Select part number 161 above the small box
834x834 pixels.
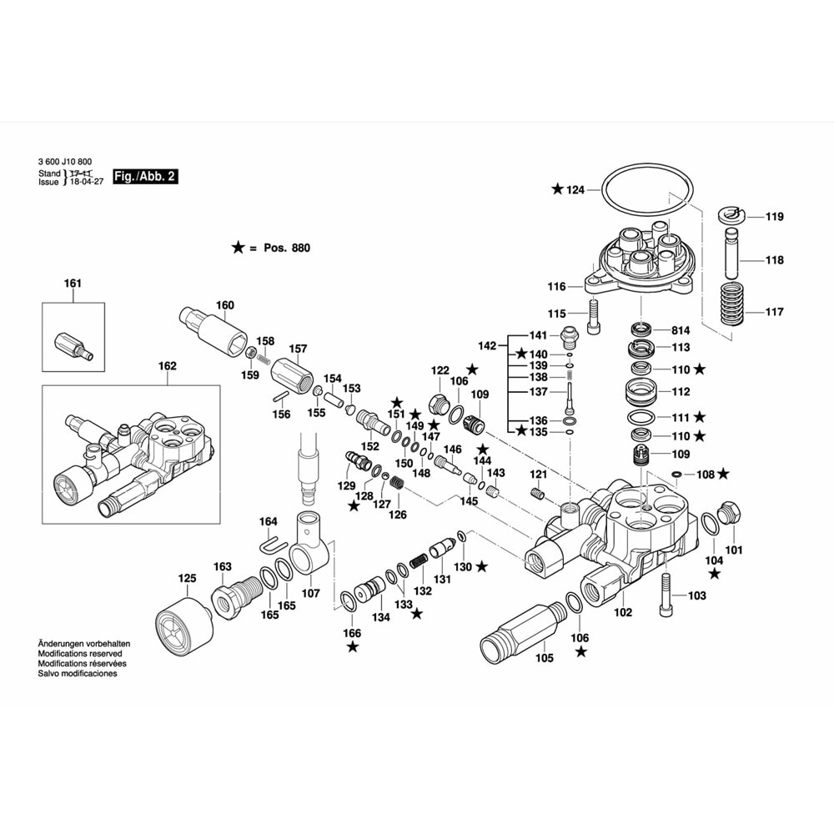pyautogui.click(x=73, y=284)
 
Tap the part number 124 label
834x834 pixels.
pyautogui.click(x=575, y=190)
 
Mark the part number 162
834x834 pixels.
pyautogui.click(x=168, y=365)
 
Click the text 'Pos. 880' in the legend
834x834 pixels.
pyautogui.click(x=286, y=248)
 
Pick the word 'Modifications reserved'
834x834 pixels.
pyautogui.click(x=81, y=654)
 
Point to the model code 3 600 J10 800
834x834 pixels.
pyautogui.click(x=65, y=163)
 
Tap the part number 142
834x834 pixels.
pyautogui.click(x=488, y=345)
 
